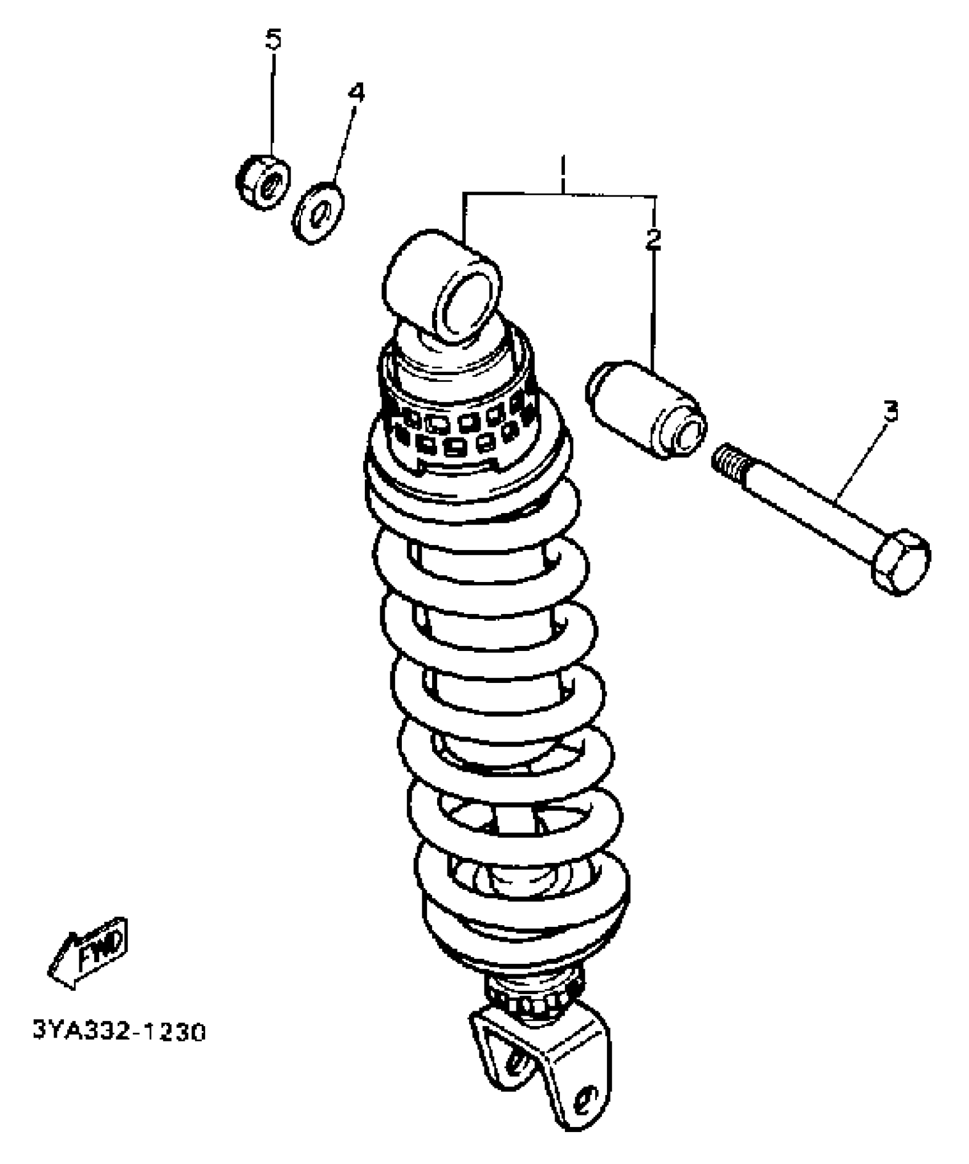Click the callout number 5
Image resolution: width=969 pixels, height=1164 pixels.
click(x=274, y=40)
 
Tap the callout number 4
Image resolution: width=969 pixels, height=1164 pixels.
click(x=356, y=93)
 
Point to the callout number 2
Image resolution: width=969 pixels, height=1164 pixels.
click(x=653, y=238)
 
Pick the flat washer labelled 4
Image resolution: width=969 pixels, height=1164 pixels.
click(x=317, y=211)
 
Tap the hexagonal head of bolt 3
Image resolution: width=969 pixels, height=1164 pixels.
click(x=901, y=561)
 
